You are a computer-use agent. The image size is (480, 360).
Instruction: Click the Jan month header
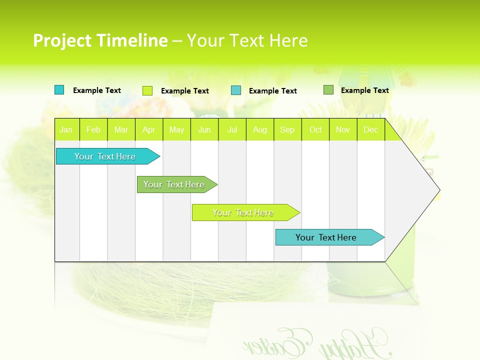pyautogui.click(x=66, y=129)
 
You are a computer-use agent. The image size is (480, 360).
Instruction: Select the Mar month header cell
pyautogui.click(x=121, y=129)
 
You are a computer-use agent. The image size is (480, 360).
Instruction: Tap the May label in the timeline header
pyautogui.click(x=176, y=129)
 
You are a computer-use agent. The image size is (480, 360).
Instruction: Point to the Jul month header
pyautogui.click(x=232, y=129)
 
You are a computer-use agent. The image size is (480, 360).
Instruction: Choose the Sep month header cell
pyautogui.click(x=287, y=129)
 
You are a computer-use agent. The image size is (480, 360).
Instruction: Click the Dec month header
pyautogui.click(x=370, y=129)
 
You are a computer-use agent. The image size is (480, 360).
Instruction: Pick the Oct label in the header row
pyautogui.click(x=315, y=129)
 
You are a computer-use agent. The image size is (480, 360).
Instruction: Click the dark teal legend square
pyautogui.click(x=59, y=90)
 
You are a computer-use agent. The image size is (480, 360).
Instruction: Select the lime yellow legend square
pyautogui.click(x=147, y=90)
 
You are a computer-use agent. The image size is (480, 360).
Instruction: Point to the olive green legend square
pyautogui.click(x=328, y=90)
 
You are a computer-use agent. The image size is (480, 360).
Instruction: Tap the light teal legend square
pyautogui.click(x=236, y=90)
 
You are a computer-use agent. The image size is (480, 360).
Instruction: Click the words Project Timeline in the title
pyautogui.click(x=100, y=40)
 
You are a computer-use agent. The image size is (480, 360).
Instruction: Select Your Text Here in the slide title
pyautogui.click(x=247, y=40)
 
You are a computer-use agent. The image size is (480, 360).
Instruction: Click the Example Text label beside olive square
pyautogui.click(x=364, y=90)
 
